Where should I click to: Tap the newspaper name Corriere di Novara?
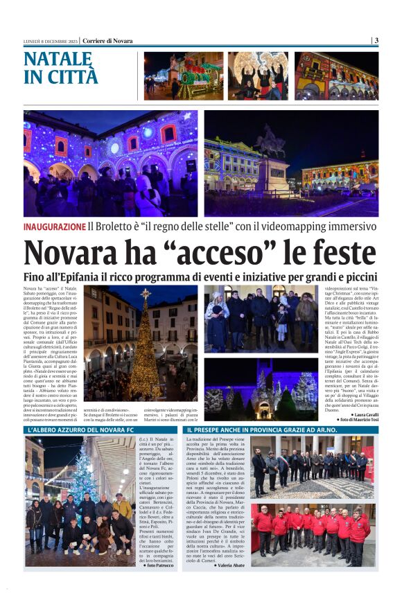tap(107, 40)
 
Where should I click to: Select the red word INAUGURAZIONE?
tap(54, 227)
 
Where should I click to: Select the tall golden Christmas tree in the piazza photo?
tap(145, 346)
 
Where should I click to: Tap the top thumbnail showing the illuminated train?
tap(183, 76)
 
